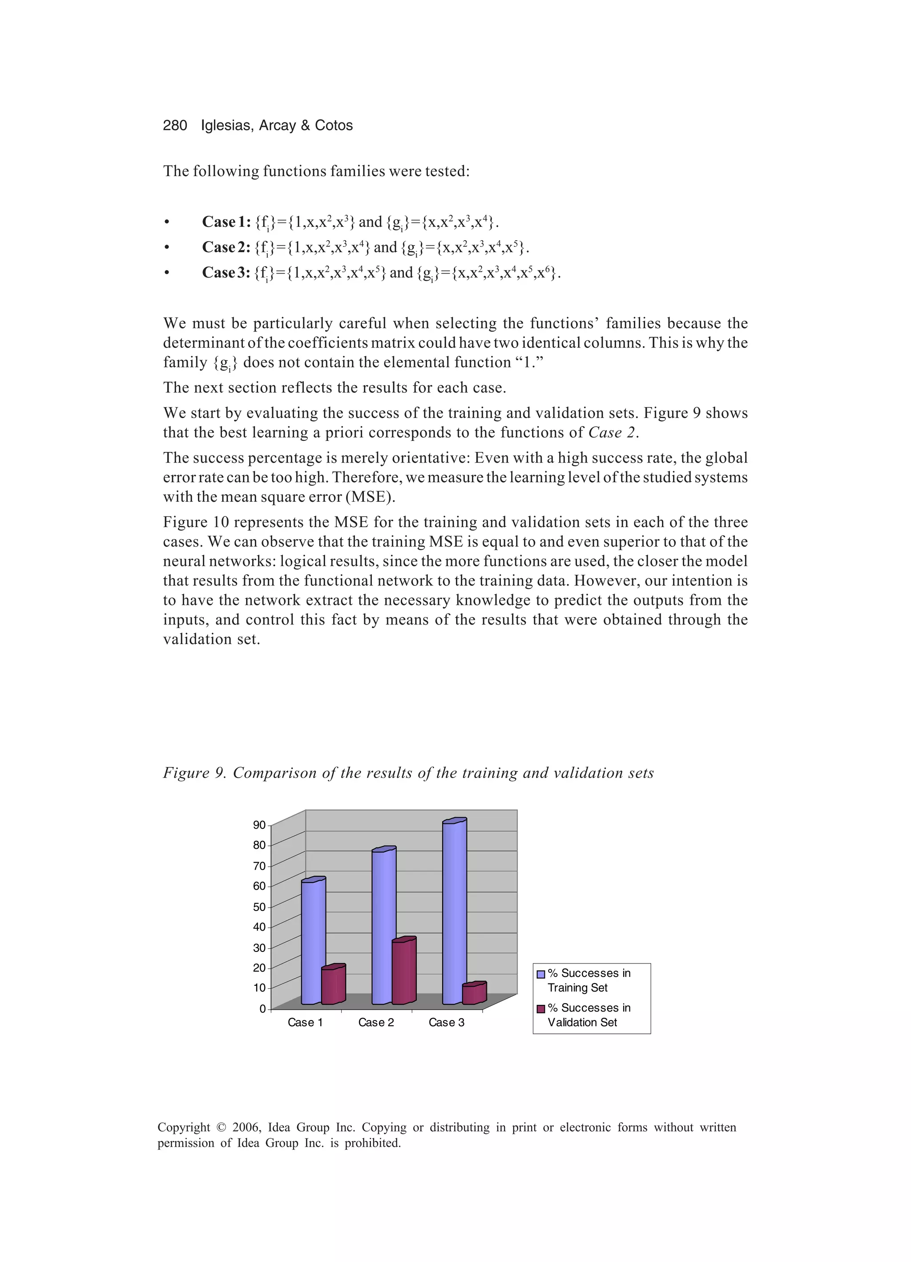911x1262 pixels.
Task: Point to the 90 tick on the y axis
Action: point(259,825)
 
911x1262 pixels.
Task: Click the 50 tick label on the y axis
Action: point(259,907)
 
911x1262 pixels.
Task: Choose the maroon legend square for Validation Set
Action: point(540,1009)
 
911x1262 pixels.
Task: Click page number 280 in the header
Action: point(175,126)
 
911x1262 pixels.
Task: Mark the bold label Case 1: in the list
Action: point(226,222)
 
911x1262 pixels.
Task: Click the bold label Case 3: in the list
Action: point(226,273)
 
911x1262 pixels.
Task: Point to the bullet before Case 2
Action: point(166,248)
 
